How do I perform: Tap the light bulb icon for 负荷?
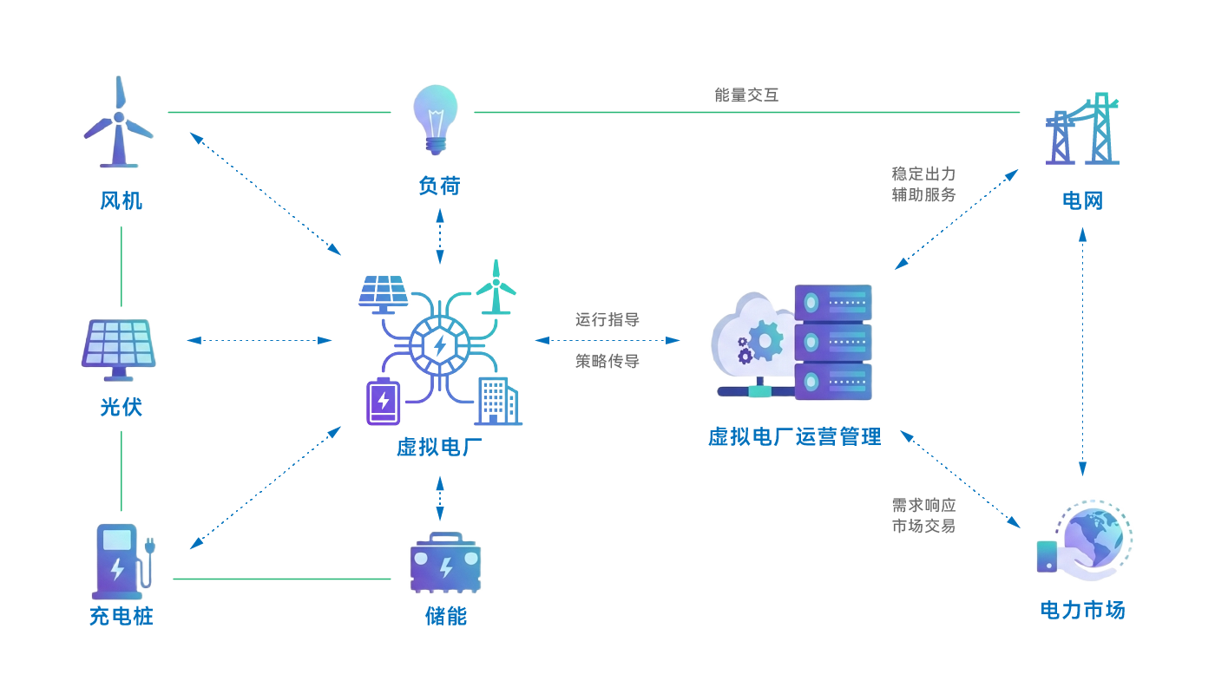[x=435, y=119]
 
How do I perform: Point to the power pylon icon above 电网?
[x=1082, y=130]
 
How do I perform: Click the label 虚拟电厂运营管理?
[x=794, y=436]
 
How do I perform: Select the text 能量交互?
[x=746, y=95]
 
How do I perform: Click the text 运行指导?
[x=607, y=319]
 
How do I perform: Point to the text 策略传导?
[x=607, y=361]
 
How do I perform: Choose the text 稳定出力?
[x=923, y=173]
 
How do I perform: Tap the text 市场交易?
[x=923, y=526]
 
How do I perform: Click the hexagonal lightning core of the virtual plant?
[x=440, y=345]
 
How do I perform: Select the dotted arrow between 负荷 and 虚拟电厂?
[x=440, y=235]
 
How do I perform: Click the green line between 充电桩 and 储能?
[x=282, y=579]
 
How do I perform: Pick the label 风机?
[x=121, y=201]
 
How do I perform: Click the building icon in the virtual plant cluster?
[x=497, y=402]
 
